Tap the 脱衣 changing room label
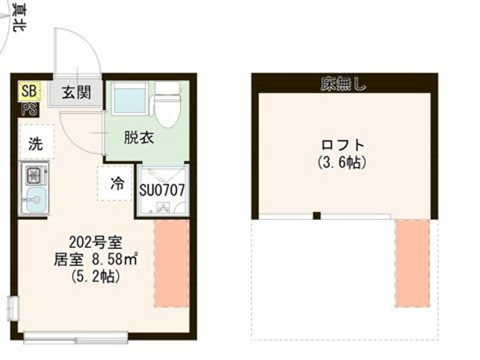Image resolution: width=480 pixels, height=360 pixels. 139,138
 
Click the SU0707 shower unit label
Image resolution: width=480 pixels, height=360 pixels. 161,190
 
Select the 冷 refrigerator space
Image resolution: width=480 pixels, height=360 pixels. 117,183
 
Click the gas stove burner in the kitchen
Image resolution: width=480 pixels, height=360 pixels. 34,176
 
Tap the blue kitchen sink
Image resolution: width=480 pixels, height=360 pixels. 34,199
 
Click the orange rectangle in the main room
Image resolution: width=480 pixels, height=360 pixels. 171,264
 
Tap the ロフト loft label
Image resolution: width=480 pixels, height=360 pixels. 343,144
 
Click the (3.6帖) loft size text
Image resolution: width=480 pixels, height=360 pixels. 343,162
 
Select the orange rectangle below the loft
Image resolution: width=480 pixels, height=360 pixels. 412,264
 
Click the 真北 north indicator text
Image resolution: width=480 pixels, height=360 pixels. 21,18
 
